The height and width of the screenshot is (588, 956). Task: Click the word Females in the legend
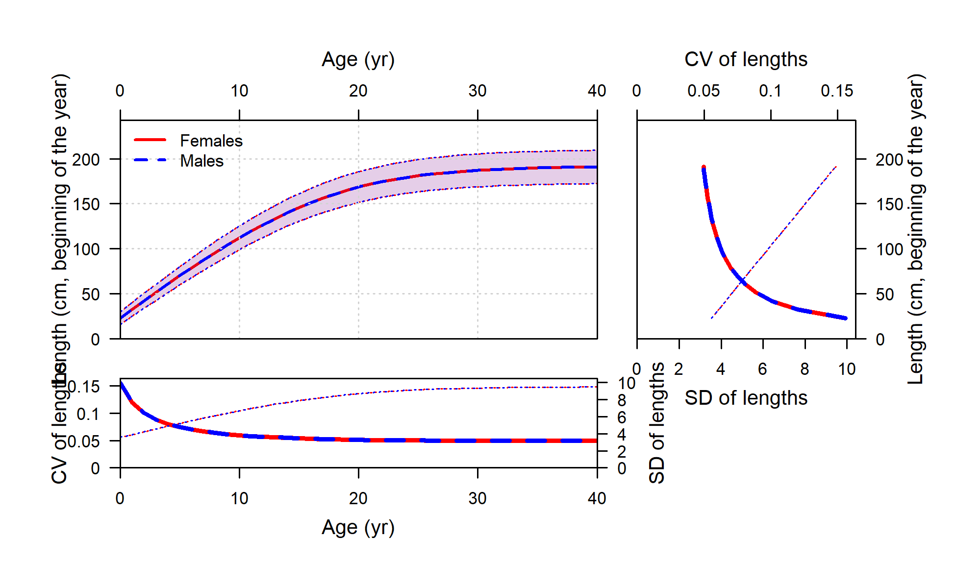[211, 141]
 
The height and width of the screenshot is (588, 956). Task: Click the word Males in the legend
[201, 161]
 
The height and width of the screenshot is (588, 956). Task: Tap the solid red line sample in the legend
[150, 140]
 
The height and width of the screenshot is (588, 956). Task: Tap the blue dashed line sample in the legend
[150, 160]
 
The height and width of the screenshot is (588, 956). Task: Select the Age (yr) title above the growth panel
[358, 60]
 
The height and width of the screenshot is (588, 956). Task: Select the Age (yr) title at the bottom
[358, 528]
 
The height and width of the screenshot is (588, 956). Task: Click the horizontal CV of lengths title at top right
[746, 60]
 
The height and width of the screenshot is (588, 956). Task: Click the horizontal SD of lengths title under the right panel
[746, 398]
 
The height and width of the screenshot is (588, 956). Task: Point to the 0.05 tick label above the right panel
[704, 91]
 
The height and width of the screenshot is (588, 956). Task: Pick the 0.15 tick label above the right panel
[837, 91]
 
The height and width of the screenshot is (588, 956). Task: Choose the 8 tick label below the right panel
[805, 369]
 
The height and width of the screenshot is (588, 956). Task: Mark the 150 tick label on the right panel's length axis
[889, 204]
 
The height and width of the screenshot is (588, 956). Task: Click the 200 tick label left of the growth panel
[86, 160]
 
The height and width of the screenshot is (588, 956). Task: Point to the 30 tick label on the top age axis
[477, 91]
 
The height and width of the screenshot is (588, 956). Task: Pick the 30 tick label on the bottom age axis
[477, 499]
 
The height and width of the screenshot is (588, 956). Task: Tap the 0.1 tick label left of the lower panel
[88, 415]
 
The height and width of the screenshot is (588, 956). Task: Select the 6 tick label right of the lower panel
[622, 417]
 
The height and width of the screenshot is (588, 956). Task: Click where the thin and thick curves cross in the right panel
[743, 281]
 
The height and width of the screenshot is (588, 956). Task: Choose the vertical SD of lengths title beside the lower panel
[656, 423]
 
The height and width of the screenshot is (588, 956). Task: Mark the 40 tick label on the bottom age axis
[597, 499]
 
